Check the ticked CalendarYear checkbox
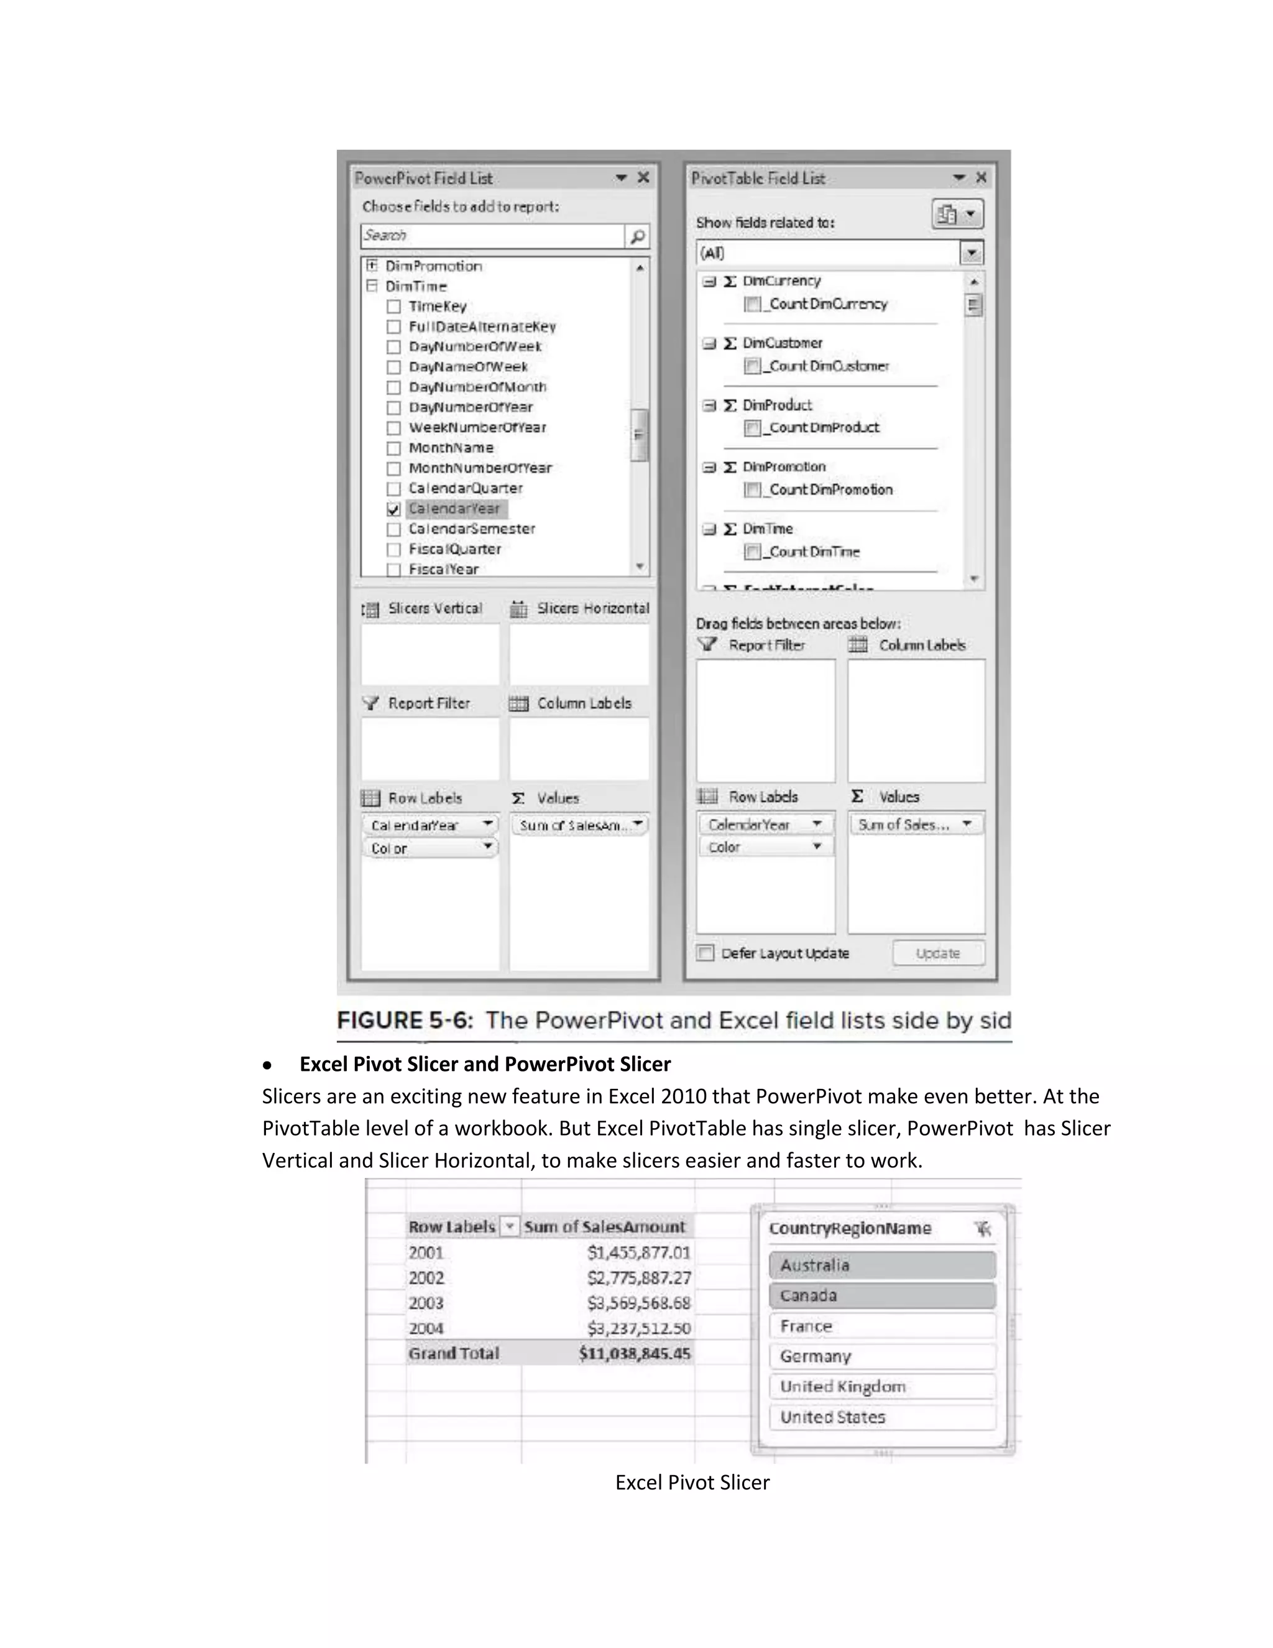393,509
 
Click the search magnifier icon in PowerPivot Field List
637,236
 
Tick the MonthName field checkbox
393,448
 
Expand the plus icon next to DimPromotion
372,266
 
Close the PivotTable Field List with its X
981,177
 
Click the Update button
938,953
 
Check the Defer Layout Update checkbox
705,953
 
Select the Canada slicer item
881,1295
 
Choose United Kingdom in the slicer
881,1386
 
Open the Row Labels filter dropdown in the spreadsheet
510,1227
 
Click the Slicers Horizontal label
592,608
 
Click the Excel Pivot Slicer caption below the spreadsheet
692,1482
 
